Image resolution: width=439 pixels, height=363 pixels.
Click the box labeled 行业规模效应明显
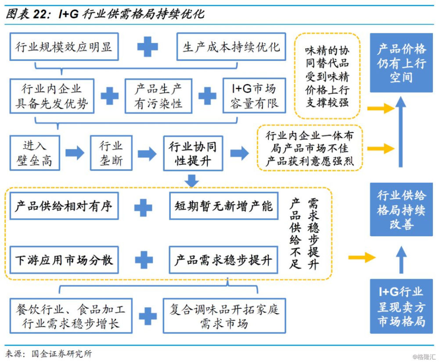click(x=64, y=46)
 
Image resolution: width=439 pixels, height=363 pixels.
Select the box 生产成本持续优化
click(x=231, y=46)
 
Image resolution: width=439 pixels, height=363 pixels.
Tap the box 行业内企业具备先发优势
click(x=52, y=96)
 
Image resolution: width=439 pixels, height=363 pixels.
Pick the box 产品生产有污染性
click(x=158, y=96)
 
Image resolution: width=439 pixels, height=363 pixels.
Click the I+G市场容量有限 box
click(x=254, y=96)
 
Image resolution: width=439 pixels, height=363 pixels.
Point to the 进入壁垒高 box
click(x=35, y=153)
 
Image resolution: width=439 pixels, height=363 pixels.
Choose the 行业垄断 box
click(x=111, y=153)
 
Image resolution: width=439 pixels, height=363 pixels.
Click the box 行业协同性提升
click(x=193, y=153)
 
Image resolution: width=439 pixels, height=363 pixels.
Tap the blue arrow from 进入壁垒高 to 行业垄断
click(x=75, y=153)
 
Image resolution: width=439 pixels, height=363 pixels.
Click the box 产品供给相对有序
click(x=64, y=206)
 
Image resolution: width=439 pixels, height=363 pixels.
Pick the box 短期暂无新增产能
click(x=223, y=206)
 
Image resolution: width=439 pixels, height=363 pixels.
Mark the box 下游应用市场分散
click(x=64, y=260)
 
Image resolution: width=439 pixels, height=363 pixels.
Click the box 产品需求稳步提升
click(x=223, y=260)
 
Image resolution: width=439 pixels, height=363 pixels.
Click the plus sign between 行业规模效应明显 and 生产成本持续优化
click(x=148, y=46)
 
